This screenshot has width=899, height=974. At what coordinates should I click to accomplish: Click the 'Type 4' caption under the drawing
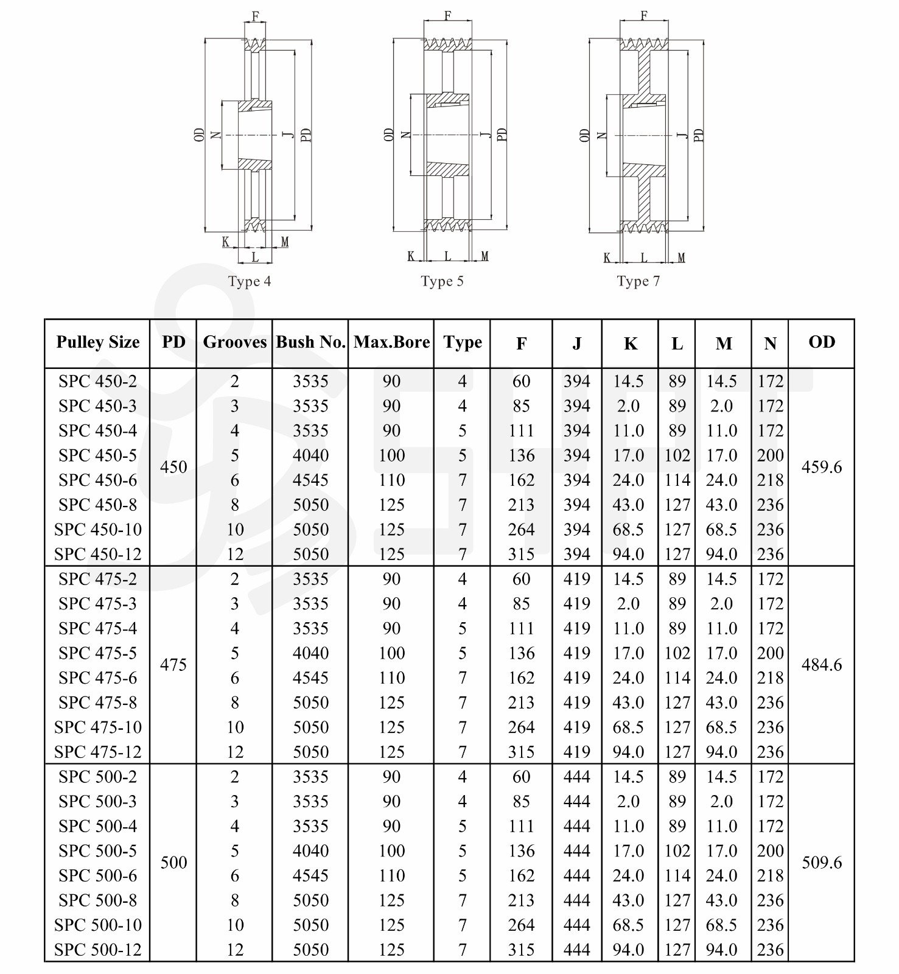pos(249,281)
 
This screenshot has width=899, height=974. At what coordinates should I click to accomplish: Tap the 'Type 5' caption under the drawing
pos(442,281)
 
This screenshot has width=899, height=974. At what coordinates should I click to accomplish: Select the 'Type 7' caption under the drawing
pos(638,281)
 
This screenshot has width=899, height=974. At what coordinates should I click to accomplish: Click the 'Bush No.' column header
pos(310,342)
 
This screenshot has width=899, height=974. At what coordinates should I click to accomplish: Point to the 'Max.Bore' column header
pos(391,342)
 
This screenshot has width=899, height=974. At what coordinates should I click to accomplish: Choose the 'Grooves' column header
pos(234,342)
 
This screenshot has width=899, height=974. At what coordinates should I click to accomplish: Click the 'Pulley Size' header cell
pos(97,342)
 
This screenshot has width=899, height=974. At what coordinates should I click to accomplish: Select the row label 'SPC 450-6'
pos(97,480)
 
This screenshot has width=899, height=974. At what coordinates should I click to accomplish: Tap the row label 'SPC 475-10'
pos(97,727)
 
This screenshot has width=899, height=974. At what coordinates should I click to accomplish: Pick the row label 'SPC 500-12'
pos(97,950)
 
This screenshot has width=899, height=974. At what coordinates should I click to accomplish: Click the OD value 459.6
pos(822,468)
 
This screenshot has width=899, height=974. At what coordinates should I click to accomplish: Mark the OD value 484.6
pos(822,665)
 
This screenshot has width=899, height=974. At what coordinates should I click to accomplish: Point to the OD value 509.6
pos(822,863)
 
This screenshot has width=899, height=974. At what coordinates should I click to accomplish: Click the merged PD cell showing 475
pos(173,665)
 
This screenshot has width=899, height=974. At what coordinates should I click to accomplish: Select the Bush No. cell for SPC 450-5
pos(310,455)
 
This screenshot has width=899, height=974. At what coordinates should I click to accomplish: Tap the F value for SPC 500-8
pos(522,900)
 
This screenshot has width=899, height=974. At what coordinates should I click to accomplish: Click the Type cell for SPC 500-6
pos(463,876)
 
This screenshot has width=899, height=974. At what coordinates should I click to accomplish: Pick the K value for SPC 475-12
pos(628,752)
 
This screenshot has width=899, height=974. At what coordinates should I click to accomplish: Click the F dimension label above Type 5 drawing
pos(447,15)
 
